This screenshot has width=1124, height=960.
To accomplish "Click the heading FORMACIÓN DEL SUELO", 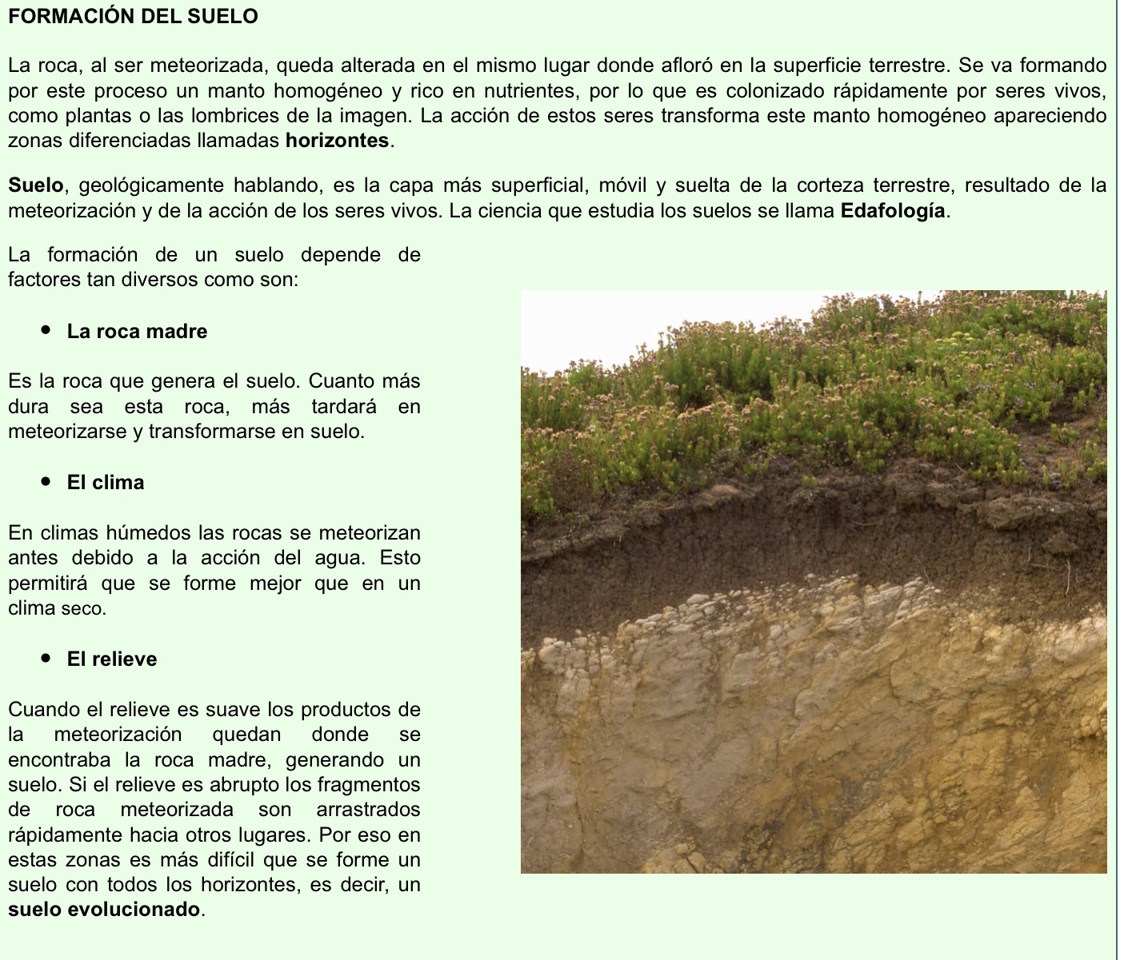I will tap(133, 16).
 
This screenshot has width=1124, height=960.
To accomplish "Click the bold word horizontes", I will tap(337, 141).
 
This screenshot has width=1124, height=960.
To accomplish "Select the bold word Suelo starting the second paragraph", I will tap(35, 186).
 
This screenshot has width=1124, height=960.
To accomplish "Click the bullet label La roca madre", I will tap(137, 332).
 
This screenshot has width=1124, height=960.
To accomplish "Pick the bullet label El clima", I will tap(106, 483).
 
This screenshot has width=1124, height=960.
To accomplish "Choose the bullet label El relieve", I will tap(112, 659).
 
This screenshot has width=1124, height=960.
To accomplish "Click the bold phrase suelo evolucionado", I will tap(105, 910).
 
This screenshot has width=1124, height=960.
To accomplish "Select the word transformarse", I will tap(201, 432).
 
